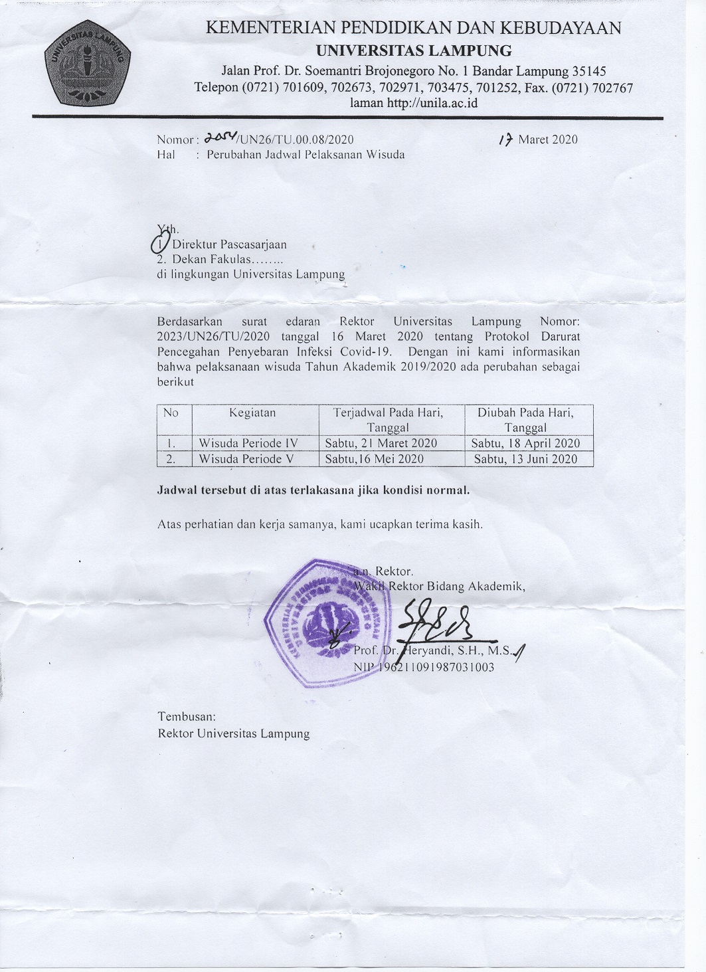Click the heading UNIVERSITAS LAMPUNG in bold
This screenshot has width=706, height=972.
tap(413, 50)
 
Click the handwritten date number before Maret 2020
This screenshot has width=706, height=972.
tap(506, 140)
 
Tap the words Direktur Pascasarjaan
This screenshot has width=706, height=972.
tap(229, 244)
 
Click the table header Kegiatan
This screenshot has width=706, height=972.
tap(252, 413)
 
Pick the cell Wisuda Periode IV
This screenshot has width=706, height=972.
tap(248, 443)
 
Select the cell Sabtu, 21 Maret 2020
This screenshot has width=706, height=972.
tap(381, 443)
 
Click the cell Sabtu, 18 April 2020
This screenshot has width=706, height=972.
tap(525, 443)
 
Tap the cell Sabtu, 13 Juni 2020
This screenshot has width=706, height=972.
tap(525, 459)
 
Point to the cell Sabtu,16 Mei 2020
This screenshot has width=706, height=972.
tap(375, 459)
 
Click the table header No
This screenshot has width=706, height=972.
tap(171, 413)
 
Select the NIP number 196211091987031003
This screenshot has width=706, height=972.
tap(436, 667)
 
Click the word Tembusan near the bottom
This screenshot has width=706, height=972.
tap(187, 717)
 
